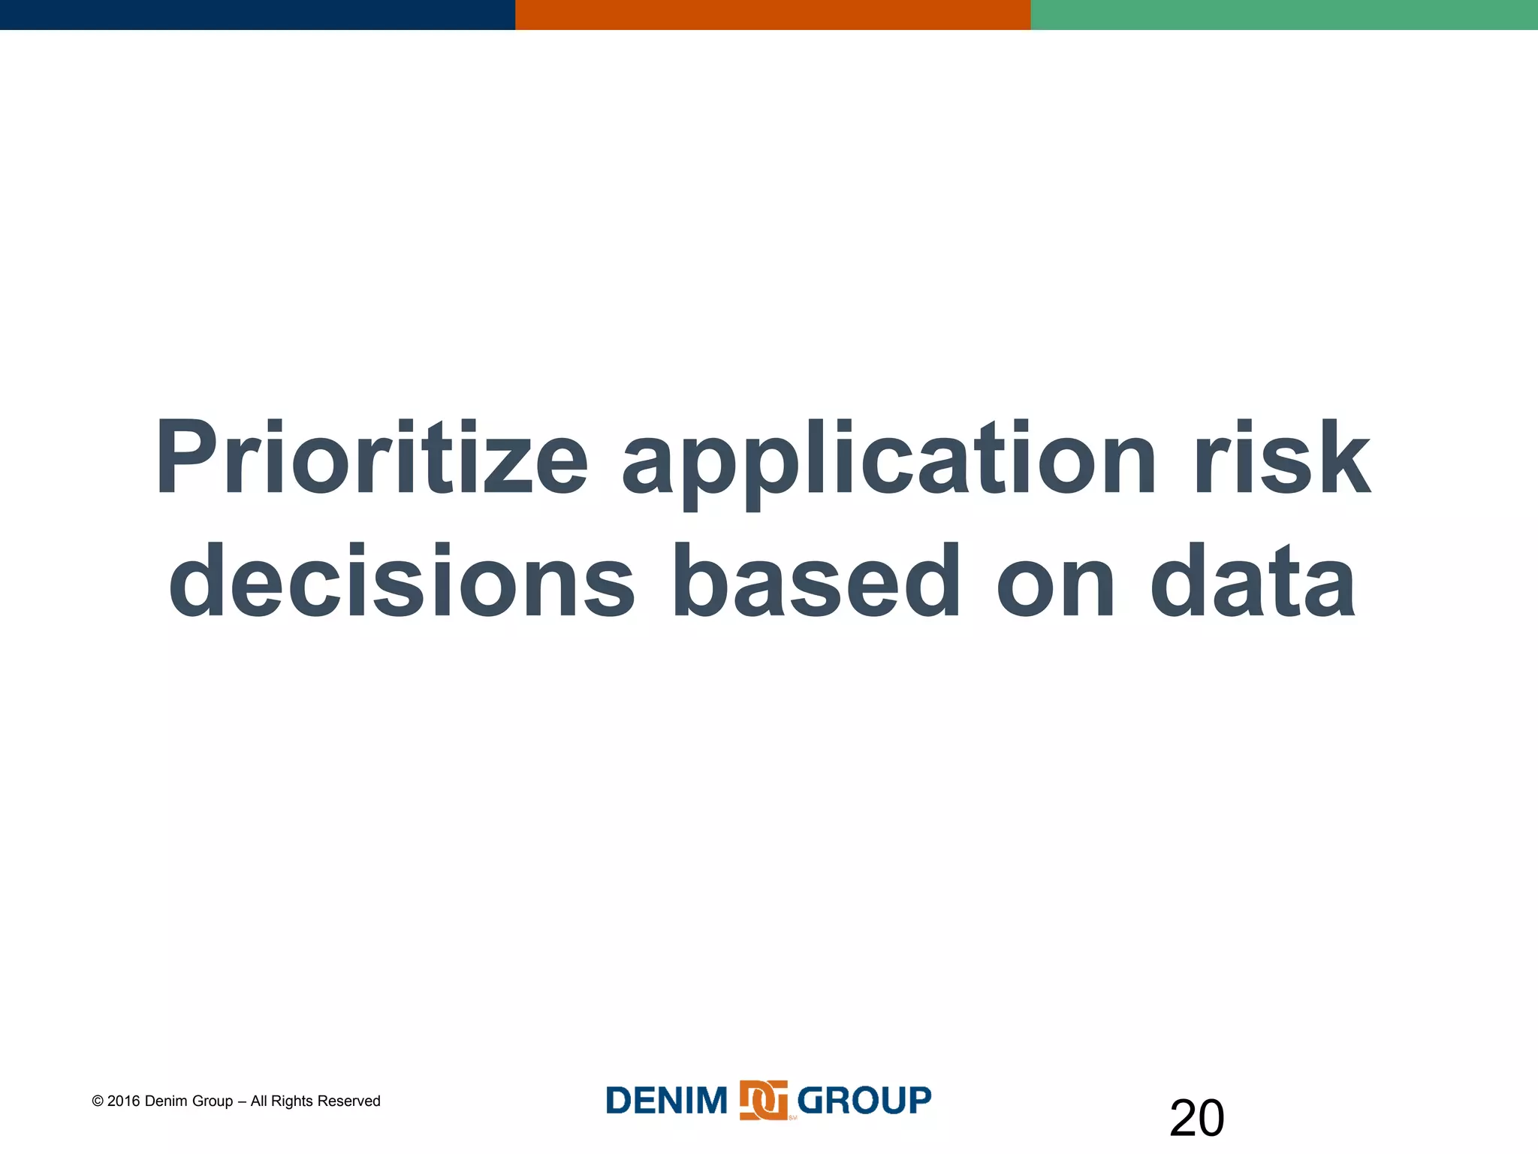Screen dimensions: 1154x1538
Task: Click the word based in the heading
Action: click(816, 582)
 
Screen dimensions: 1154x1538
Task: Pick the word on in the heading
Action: click(1056, 583)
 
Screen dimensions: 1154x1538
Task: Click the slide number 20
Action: click(1196, 1118)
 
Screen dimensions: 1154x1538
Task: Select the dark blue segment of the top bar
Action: click(257, 14)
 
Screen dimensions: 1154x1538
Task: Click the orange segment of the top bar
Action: click(772, 14)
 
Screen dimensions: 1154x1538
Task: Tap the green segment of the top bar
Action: click(1284, 14)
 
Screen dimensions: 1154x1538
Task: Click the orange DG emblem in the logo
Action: click(763, 1101)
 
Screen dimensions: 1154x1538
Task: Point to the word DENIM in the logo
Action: click(666, 1101)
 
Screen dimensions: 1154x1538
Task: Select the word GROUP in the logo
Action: click(864, 1101)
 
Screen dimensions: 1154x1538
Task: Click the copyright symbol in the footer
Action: click(98, 1101)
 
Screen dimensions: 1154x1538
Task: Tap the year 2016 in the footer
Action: click(124, 1101)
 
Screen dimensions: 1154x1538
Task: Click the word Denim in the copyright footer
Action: click(167, 1101)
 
